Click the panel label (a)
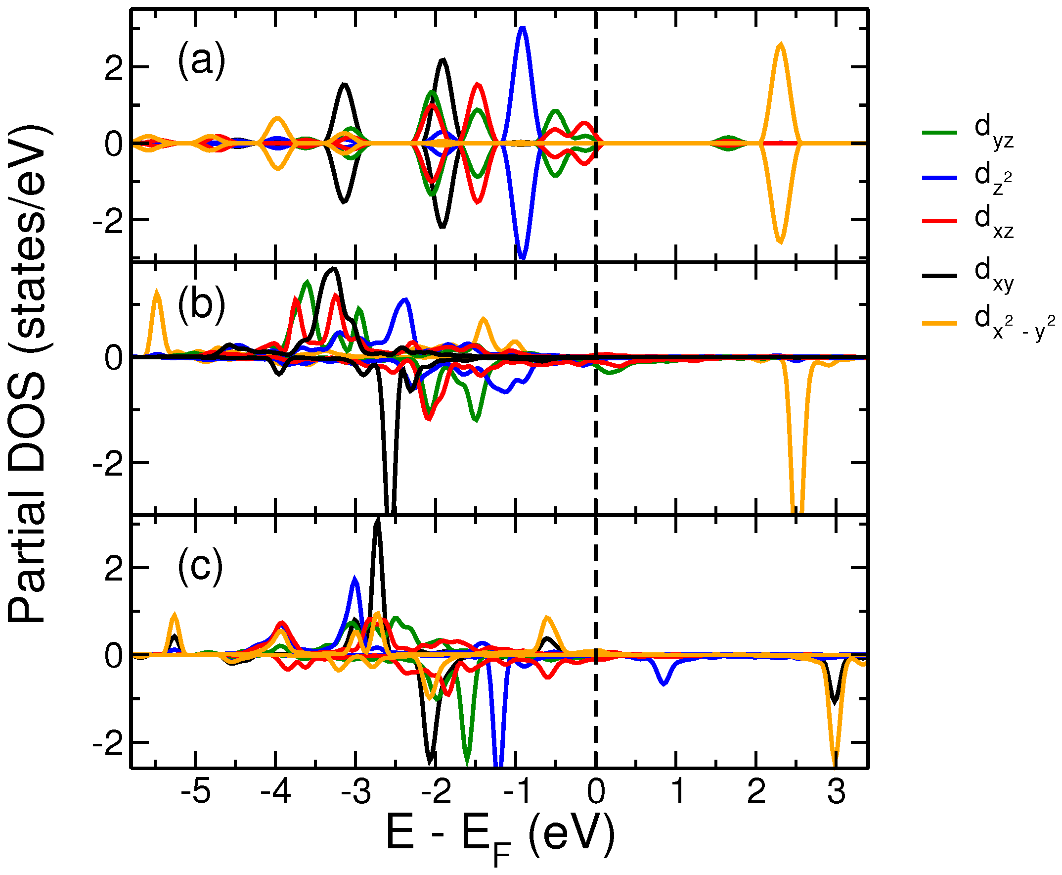tap(201, 62)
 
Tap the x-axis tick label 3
tap(836, 792)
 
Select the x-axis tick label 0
tap(596, 792)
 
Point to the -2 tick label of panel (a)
tap(107, 221)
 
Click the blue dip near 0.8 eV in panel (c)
tap(664, 683)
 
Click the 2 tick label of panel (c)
tap(113, 569)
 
